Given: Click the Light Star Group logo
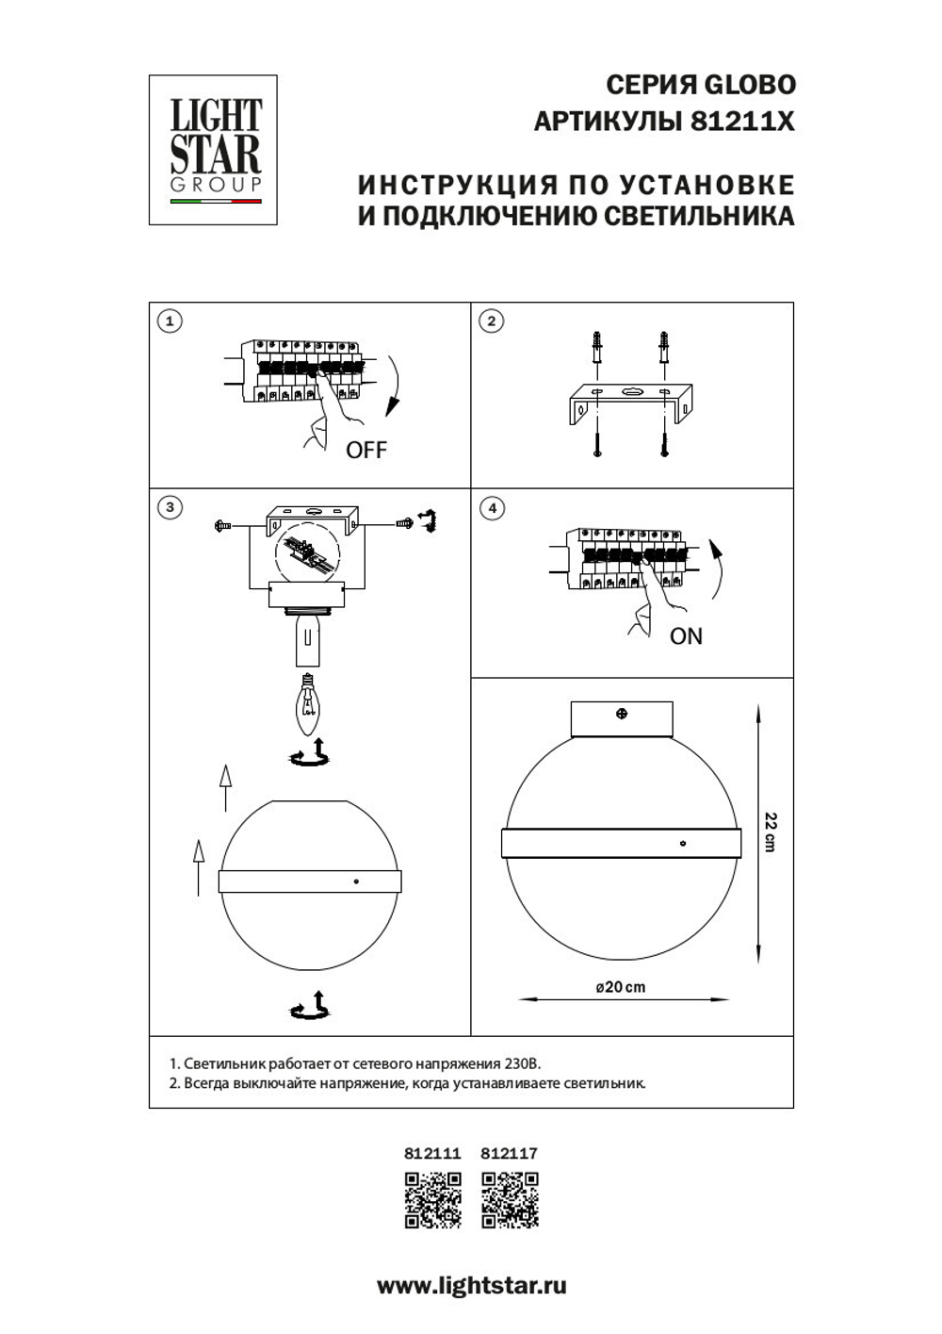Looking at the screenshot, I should coord(214,149).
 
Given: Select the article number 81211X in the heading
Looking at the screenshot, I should coord(743,122).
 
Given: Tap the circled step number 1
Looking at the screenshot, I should coord(170,321).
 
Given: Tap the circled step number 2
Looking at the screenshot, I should coord(491,321).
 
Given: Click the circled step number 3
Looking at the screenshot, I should coord(170,507).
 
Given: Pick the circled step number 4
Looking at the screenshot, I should coord(491,508).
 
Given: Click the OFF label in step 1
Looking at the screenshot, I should coord(365,450).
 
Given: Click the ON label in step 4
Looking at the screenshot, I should coord(686,636).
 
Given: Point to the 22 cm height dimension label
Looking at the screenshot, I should coord(771,832).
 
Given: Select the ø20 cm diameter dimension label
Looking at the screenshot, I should coord(621,987).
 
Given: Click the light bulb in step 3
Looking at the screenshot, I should coord(307,705).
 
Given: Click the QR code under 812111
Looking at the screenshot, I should coord(432,1199).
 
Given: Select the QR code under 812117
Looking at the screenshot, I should coord(510,1199).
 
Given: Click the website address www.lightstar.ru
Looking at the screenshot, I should coord(471,1286).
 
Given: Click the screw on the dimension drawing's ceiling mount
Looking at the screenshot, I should coord(622,714).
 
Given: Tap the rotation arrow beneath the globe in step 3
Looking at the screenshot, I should coord(310,1007).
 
